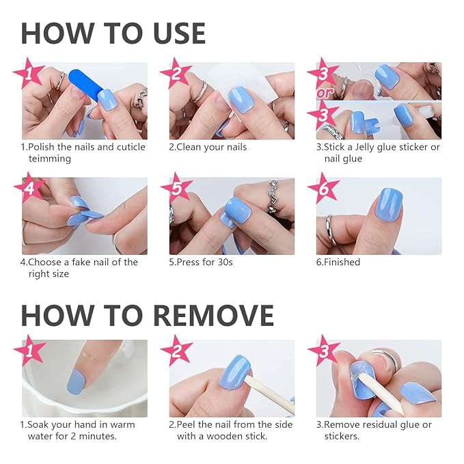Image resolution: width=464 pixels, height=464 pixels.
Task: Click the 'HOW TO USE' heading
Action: [113, 33]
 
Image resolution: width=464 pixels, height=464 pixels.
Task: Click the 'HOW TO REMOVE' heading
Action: [147, 315]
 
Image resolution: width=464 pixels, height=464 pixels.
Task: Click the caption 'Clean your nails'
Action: [208, 147]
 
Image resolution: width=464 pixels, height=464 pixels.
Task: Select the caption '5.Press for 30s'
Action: [201, 262]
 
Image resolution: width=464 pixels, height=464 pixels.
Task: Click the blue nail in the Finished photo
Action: [379, 208]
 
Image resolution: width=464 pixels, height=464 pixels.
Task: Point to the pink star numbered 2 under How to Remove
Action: [177, 352]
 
